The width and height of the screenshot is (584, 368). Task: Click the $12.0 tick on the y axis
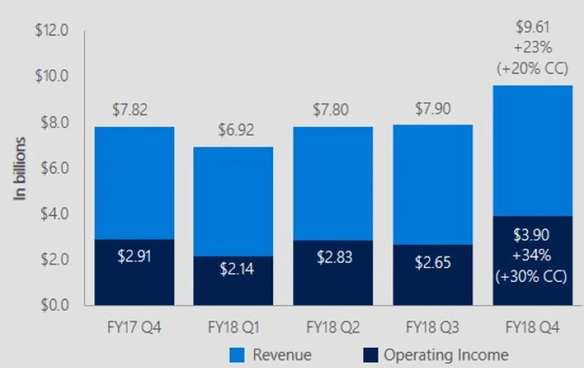pos(52,30)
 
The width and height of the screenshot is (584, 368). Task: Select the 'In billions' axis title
pos(20,169)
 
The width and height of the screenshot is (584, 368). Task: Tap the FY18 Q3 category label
pos(433,328)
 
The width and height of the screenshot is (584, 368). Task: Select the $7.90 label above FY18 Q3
pos(433,109)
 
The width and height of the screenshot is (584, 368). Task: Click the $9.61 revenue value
pos(532,27)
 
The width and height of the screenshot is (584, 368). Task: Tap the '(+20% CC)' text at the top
pos(532,68)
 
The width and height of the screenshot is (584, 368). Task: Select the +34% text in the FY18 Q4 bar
pos(532,256)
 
